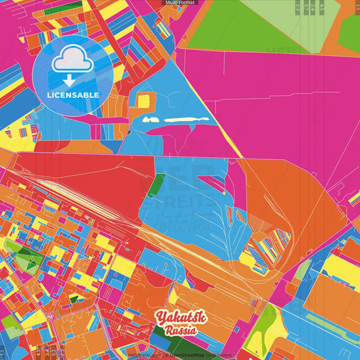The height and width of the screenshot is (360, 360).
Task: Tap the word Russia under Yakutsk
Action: (x=180, y=330)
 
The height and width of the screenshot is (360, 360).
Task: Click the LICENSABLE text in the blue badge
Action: (x=73, y=95)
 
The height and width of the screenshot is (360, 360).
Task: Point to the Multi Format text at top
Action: (x=179, y=3)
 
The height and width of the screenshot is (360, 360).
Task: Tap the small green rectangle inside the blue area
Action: (x=156, y=184)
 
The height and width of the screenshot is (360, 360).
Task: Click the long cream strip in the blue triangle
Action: (x=182, y=120)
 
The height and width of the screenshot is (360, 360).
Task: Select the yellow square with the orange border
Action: (x=143, y=101)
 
